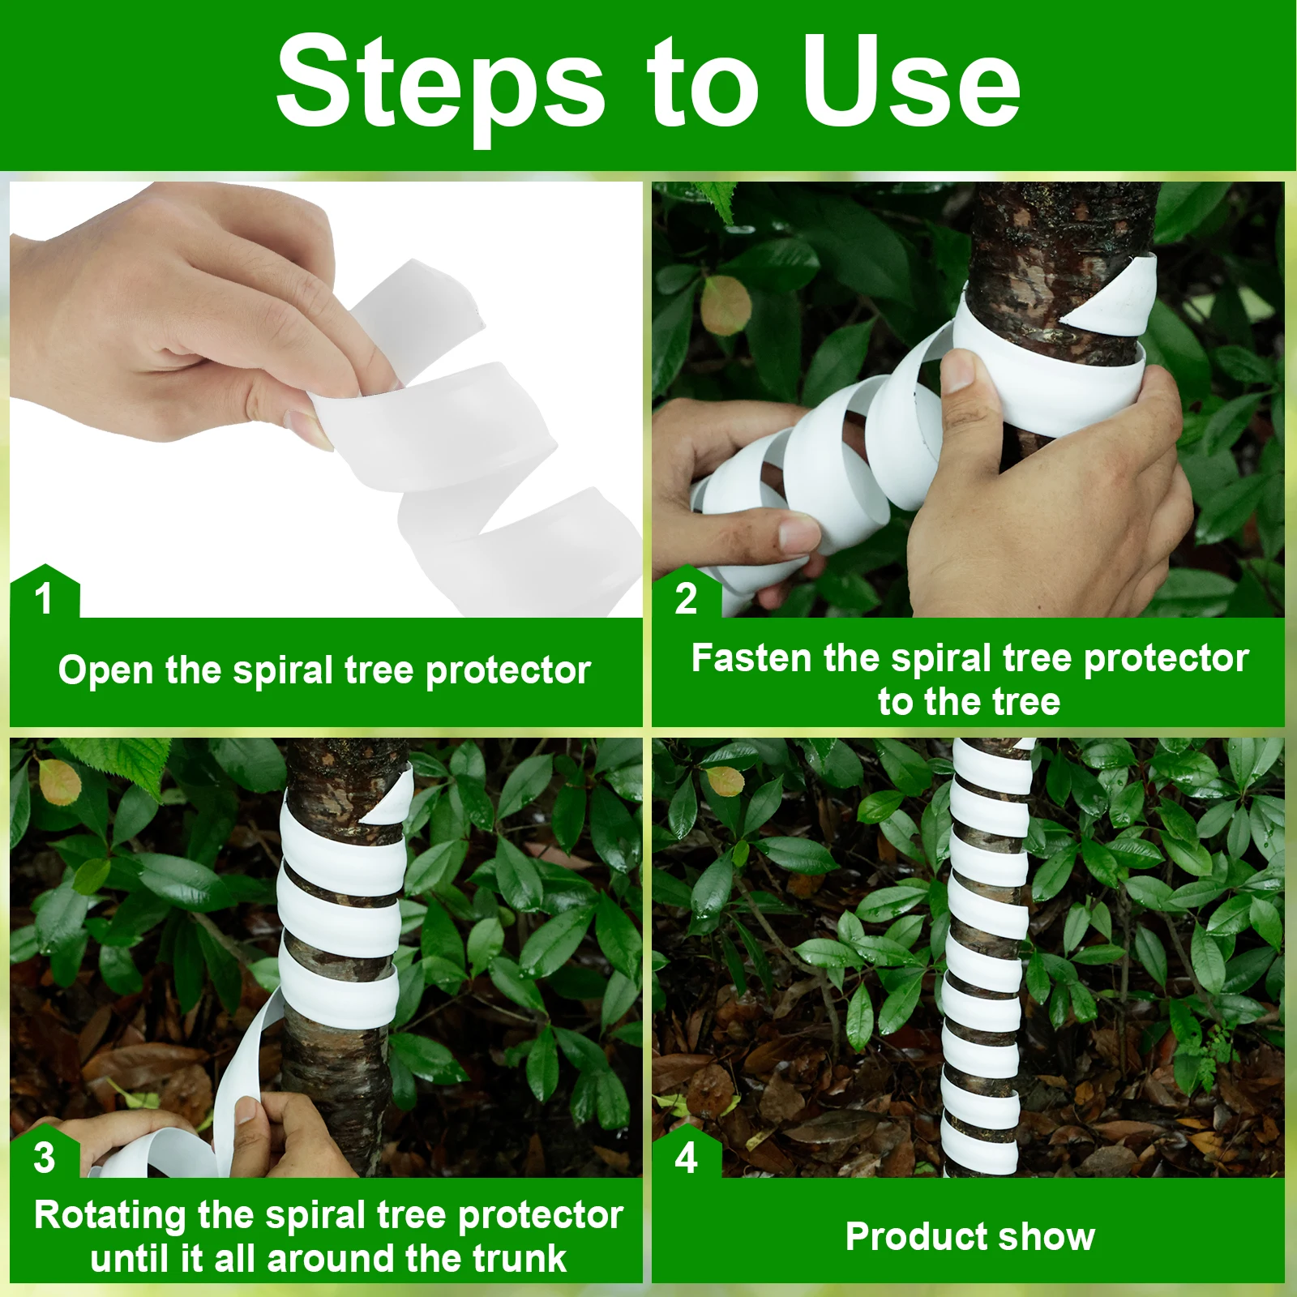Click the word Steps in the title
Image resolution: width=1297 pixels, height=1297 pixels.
[x=441, y=85]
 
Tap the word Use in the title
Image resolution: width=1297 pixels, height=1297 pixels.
[x=911, y=81]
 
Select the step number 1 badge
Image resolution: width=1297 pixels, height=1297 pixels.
[x=45, y=593]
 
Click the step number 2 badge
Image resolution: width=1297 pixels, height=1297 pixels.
[x=686, y=593]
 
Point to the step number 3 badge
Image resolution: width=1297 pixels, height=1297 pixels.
[x=45, y=1152]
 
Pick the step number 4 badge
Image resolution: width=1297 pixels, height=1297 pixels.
[x=686, y=1152]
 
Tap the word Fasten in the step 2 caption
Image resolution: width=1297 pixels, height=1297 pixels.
[x=751, y=658]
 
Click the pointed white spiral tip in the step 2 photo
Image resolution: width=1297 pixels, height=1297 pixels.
[x=1064, y=324]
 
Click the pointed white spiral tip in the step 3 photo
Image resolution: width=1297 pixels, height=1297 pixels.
[x=363, y=821]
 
